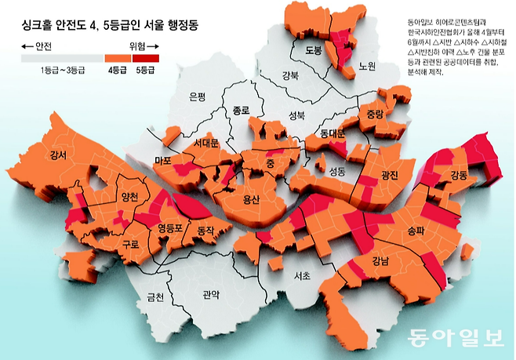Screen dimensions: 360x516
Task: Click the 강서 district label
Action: point(58,155)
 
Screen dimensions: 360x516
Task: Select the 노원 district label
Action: point(368,65)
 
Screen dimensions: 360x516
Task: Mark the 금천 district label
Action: point(155,296)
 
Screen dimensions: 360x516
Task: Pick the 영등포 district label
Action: point(171,229)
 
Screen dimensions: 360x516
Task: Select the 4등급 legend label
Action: point(118,70)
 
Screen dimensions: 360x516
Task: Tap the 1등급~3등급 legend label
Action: point(62,70)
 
